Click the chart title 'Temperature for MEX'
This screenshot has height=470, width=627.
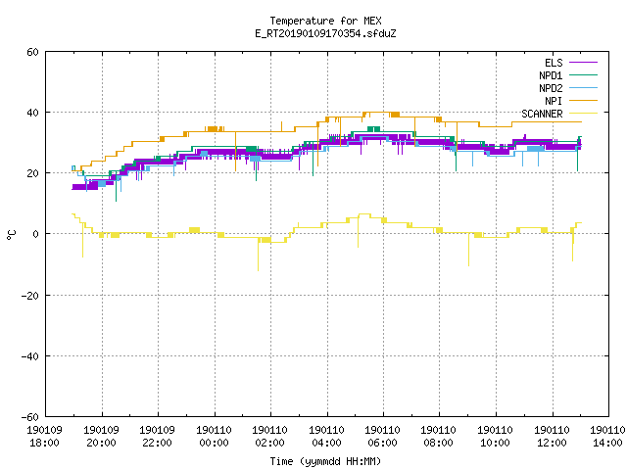tap(325, 21)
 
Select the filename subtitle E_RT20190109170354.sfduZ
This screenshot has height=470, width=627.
tap(325, 33)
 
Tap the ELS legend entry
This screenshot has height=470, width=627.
tap(570, 63)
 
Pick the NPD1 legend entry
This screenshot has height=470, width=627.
tap(568, 75)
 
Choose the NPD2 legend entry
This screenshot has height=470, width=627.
tap(568, 88)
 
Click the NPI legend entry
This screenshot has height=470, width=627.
tap(570, 101)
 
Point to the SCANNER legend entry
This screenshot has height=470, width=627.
tap(559, 114)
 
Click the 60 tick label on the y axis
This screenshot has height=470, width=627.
tap(32, 52)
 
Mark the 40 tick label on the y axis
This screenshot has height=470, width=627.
tap(32, 113)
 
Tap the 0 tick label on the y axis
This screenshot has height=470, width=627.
tap(36, 234)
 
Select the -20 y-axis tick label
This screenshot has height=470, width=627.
tap(30, 296)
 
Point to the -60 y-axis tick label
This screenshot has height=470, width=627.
tap(30, 417)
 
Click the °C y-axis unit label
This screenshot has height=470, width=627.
tap(12, 235)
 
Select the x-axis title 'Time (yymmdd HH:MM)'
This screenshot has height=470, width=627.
tap(325, 461)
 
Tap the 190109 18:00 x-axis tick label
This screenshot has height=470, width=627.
tap(45, 437)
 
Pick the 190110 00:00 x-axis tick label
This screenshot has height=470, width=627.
tap(214, 437)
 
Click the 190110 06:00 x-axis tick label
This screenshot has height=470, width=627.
tap(383, 437)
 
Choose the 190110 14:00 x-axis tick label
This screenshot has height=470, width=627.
tap(607, 437)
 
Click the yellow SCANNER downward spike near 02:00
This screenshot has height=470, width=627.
tap(258, 256)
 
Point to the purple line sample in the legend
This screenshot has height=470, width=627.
tap(584, 63)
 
